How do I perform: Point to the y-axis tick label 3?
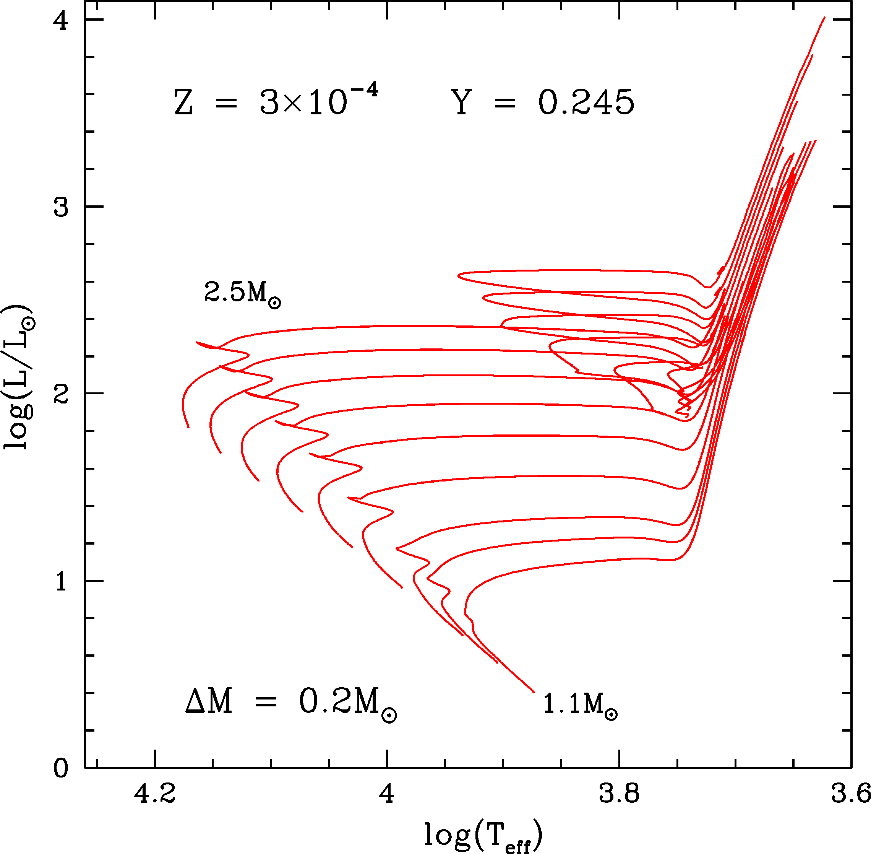point(60,208)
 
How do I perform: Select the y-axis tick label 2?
point(60,395)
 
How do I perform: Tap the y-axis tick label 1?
point(60,582)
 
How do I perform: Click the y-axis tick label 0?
point(60,768)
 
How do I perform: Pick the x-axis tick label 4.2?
point(155,794)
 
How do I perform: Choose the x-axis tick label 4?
point(387,794)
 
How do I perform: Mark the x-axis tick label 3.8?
point(619,794)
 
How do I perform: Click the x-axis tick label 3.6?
point(850,794)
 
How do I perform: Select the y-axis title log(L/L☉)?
point(18,377)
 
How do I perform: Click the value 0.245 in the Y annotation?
point(586,102)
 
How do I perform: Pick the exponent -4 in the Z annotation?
point(363,90)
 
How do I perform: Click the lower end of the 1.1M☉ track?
point(534,693)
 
